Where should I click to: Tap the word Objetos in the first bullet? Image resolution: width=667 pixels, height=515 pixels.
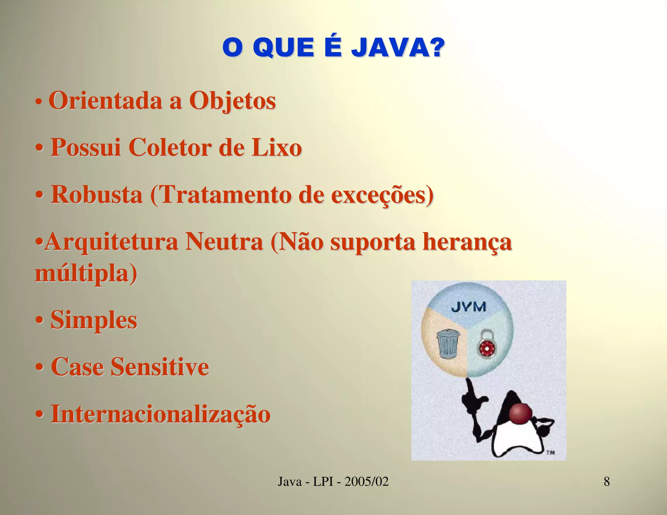(233, 101)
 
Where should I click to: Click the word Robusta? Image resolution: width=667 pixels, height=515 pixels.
(97, 195)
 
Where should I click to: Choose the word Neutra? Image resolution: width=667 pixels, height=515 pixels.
(224, 242)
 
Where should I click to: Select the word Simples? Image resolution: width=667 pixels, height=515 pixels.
(94, 320)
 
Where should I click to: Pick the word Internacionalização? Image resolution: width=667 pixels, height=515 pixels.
(161, 414)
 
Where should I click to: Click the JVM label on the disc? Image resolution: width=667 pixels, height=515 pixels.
(469, 307)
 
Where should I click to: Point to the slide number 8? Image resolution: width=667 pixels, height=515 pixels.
(607, 481)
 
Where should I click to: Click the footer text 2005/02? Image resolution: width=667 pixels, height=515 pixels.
(366, 481)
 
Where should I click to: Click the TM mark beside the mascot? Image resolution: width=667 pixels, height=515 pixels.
(550, 452)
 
